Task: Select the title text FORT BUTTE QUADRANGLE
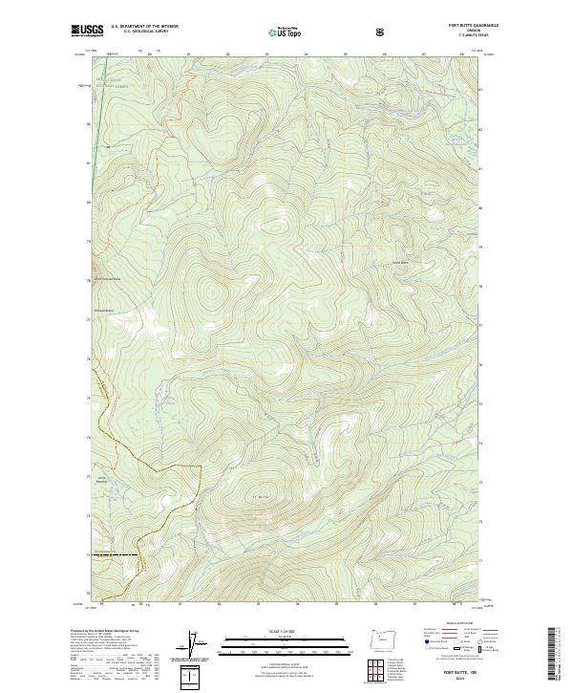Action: point(452,26)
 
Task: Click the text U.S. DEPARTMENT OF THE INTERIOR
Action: point(145,27)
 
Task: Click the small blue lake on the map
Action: point(163,391)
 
